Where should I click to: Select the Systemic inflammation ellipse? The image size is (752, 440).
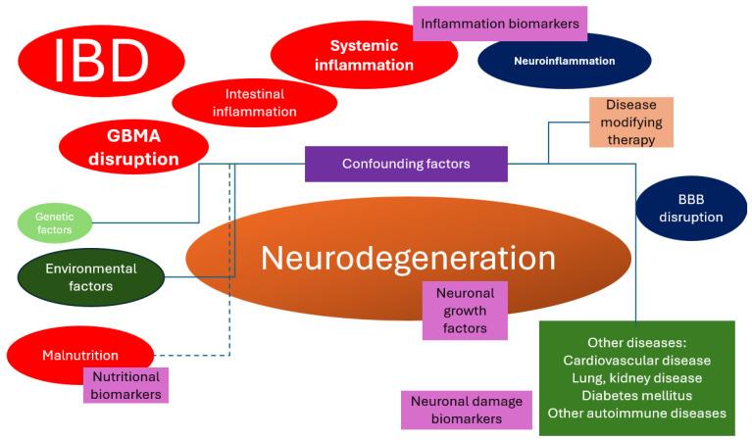tap(364, 56)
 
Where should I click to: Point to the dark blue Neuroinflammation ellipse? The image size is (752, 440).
tap(564, 61)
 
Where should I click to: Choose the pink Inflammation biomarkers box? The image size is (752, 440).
tap(499, 23)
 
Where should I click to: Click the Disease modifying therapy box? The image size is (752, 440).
tap(631, 122)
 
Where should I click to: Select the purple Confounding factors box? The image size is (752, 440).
tap(406, 164)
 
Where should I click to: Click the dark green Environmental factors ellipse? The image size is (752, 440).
tap(91, 276)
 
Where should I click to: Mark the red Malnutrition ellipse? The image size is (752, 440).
tap(79, 355)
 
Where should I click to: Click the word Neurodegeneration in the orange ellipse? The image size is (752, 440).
tap(407, 259)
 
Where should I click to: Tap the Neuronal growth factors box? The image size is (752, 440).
tap(465, 311)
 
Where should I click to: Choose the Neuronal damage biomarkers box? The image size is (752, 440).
tap(466, 410)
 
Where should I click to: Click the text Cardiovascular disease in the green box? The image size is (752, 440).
tap(636, 360)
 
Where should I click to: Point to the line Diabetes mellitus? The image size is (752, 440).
tap(636, 395)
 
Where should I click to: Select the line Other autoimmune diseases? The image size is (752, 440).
tap(636, 413)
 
